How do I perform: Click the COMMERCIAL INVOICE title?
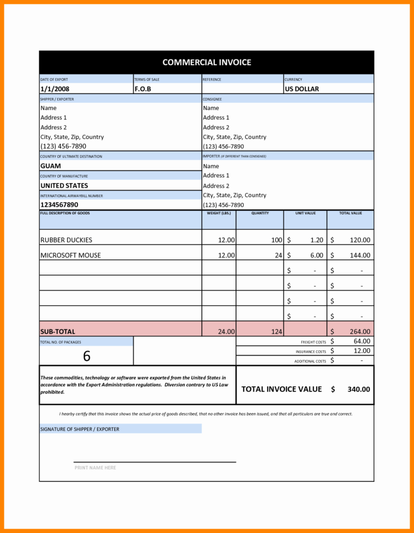207,62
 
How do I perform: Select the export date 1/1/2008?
55,88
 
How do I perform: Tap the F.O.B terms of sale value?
142,88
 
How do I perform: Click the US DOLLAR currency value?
302,88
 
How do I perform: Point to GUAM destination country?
51,165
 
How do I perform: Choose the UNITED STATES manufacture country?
64,185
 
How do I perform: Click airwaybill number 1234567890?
59,204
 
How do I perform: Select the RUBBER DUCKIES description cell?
67,240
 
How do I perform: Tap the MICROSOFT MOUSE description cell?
70,255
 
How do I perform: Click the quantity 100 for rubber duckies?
277,240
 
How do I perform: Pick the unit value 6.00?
316,255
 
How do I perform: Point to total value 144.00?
360,255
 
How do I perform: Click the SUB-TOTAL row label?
58,331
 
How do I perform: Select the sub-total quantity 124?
276,331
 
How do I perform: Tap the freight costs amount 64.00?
362,341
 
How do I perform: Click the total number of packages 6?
86,356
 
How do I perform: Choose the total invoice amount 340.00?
358,389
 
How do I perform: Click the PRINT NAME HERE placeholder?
95,468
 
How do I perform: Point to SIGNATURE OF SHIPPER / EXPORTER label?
80,429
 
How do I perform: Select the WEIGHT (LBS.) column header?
219,213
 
